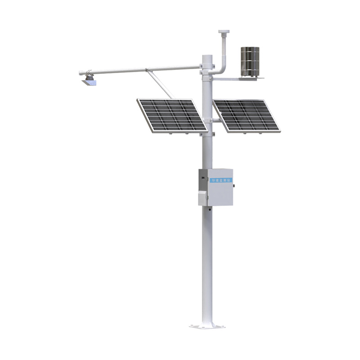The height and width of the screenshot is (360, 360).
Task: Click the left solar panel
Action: point(171,115)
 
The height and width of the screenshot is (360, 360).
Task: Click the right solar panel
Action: point(246,115)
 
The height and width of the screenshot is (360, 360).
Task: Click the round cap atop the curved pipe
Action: point(224,32)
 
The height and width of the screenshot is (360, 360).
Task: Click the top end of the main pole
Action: point(207,56)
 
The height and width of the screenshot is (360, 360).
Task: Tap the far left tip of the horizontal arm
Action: point(80,72)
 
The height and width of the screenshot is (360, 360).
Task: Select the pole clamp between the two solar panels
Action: point(209,120)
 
